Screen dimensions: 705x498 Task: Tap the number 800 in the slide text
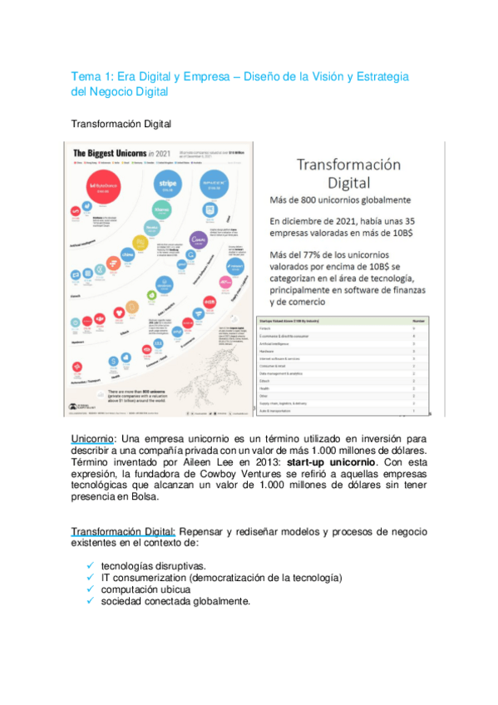(x=314, y=200)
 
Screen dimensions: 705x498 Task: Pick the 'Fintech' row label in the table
(x=268, y=328)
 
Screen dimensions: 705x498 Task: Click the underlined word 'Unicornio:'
(x=94, y=438)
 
